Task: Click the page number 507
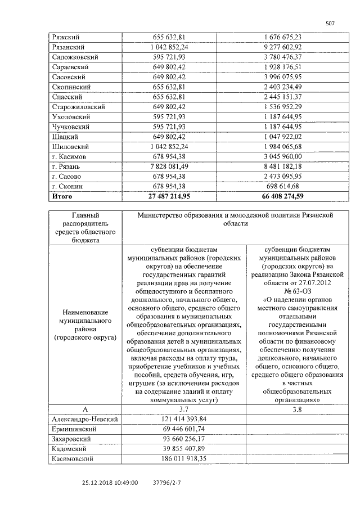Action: tap(330, 24)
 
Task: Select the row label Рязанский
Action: tap(68, 47)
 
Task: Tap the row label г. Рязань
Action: tap(66, 166)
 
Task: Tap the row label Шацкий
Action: tap(65, 137)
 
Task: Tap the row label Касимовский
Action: tap(73, 459)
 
